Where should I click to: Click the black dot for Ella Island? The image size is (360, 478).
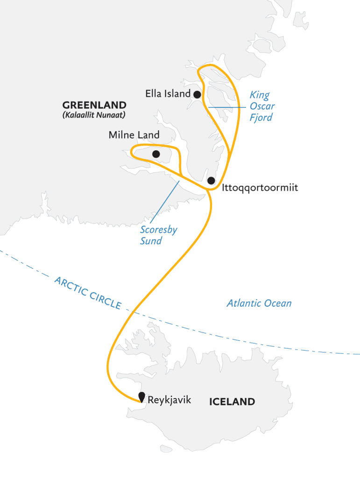pyautogui.click(x=198, y=94)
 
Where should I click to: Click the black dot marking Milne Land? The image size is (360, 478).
pyautogui.click(x=156, y=154)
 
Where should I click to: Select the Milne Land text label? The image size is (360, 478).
pyautogui.click(x=134, y=135)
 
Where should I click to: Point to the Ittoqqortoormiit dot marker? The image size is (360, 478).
pyautogui.click(x=211, y=181)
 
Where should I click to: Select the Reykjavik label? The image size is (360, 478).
pyautogui.click(x=169, y=400)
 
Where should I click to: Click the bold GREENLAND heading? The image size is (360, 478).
pyautogui.click(x=94, y=105)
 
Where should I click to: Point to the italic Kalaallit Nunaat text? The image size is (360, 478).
pyautogui.click(x=94, y=115)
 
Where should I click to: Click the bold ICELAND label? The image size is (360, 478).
pyautogui.click(x=232, y=401)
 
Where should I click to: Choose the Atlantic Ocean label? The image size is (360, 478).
pyautogui.click(x=259, y=303)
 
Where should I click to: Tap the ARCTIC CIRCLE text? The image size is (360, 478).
pyautogui.click(x=88, y=293)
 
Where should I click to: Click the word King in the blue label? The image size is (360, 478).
pyautogui.click(x=259, y=96)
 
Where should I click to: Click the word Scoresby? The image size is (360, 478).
pyautogui.click(x=159, y=230)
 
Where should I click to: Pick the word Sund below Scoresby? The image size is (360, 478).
pyautogui.click(x=151, y=241)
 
